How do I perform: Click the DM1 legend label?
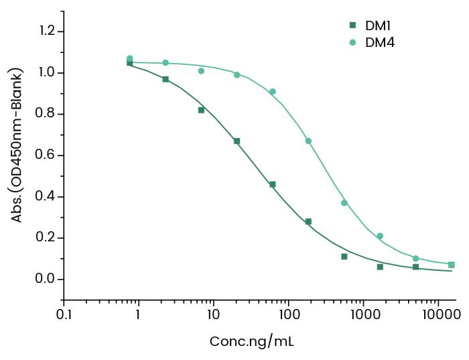click(x=378, y=26)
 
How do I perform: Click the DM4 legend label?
click(x=379, y=42)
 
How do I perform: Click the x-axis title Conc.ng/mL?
click(x=251, y=341)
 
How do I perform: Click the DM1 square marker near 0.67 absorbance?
click(x=237, y=141)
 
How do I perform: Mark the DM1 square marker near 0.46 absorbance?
click(x=273, y=184)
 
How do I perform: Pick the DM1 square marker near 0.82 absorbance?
click(x=201, y=110)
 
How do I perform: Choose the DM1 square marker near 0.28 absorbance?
click(x=308, y=221)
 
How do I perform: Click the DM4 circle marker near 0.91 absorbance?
click(x=273, y=91)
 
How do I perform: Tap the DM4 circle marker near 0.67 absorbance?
click(x=308, y=141)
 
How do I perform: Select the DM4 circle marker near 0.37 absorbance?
click(x=344, y=202)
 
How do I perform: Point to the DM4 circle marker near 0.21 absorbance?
click(x=380, y=236)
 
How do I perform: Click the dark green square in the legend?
click(x=352, y=26)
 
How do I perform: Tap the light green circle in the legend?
click(x=352, y=42)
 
